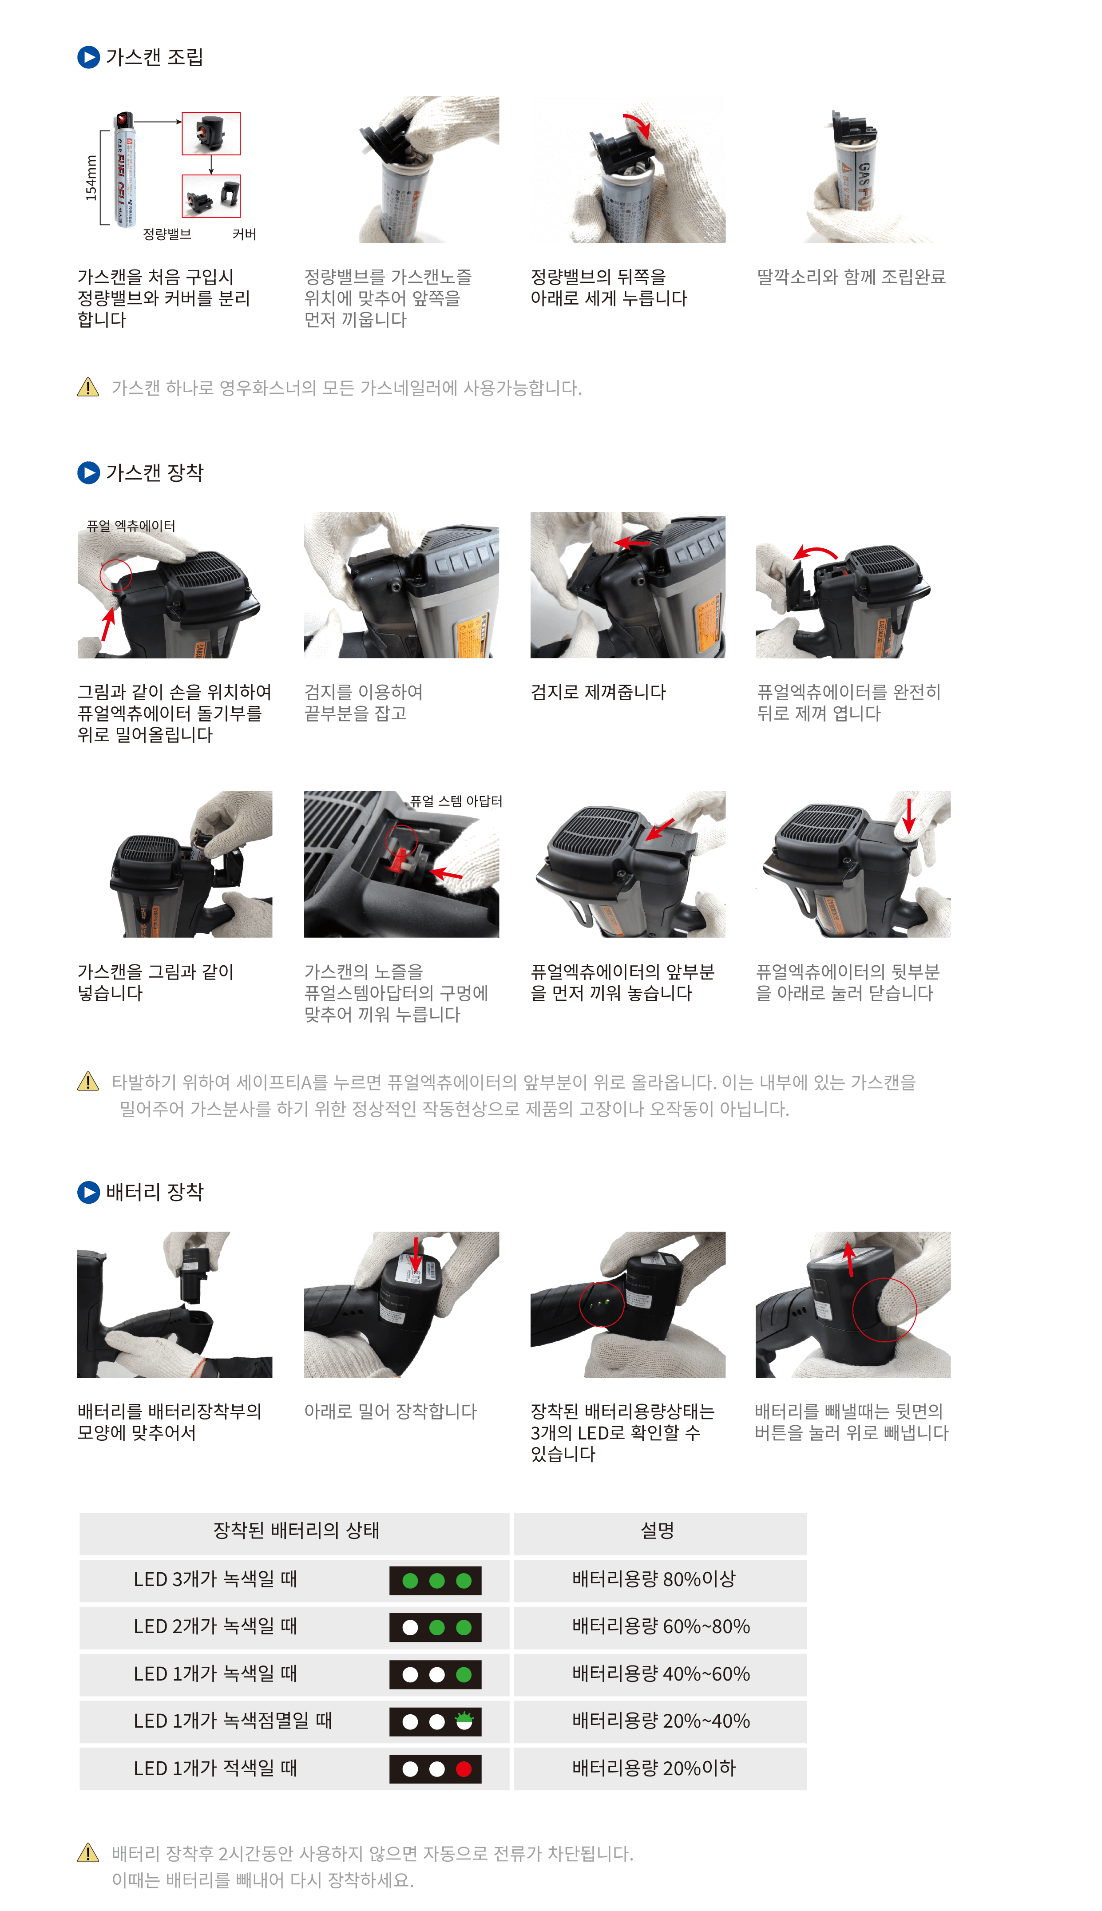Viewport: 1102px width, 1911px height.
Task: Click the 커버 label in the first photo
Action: pos(244,234)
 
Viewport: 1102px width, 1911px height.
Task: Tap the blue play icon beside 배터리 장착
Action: pos(88,1192)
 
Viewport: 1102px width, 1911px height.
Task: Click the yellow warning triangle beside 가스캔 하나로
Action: pos(88,388)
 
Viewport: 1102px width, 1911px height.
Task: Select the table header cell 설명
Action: pos(657,1530)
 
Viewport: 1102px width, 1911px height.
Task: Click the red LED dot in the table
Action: pos(464,1769)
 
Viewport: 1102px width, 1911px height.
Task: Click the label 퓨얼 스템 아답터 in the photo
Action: pos(456,801)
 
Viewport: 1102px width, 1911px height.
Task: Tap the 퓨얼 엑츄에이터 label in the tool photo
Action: pos(131,525)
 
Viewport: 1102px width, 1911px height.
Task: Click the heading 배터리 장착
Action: pos(155,1192)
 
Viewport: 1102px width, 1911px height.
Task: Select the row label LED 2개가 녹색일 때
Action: pos(215,1626)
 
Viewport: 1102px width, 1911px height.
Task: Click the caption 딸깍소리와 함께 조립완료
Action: pos(851,277)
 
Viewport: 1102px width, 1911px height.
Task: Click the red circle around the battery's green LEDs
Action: pos(601,1303)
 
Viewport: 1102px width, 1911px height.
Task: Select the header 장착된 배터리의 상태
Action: pos(296,1530)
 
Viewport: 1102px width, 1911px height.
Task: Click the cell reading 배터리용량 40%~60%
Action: pos(661,1673)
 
